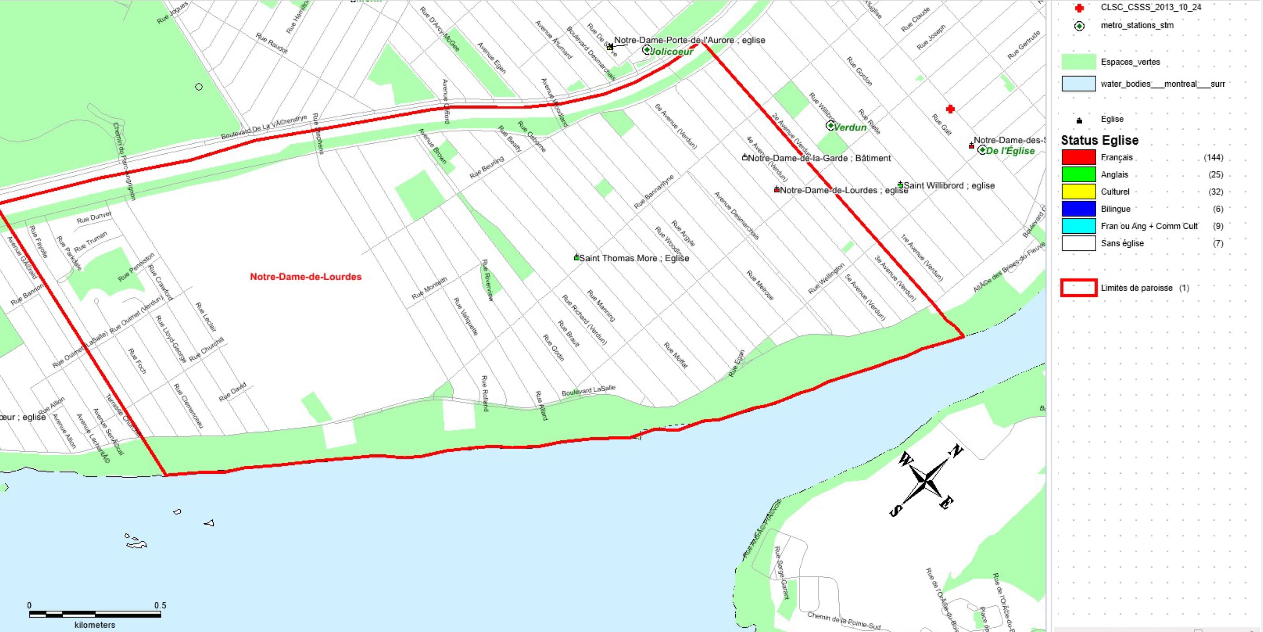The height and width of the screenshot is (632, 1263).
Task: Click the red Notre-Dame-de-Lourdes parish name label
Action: (305, 277)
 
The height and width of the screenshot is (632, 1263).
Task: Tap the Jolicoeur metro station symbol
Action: (647, 50)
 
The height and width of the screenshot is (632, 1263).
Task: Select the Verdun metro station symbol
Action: (830, 126)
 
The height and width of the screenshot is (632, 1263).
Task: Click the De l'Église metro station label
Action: (1010, 151)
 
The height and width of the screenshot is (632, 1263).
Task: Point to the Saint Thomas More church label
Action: (634, 258)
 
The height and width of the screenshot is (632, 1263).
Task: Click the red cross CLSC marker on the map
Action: (950, 109)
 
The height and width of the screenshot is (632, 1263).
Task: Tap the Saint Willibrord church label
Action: (949, 185)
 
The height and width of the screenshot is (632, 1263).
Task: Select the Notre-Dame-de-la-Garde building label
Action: (819, 158)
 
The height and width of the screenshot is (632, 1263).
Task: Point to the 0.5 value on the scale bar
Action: (160, 605)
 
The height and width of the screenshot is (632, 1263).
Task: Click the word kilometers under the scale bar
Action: (94, 625)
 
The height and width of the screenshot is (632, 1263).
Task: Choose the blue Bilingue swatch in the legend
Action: (1078, 208)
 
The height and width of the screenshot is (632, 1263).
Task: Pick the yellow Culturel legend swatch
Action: (1078, 191)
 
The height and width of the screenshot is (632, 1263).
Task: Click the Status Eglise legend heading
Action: (1099, 140)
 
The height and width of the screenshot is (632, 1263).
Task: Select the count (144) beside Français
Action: (1213, 157)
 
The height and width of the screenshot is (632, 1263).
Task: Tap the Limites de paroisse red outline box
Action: (1078, 288)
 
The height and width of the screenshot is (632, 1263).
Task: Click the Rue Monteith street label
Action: (429, 288)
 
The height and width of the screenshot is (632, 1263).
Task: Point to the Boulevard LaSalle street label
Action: (588, 390)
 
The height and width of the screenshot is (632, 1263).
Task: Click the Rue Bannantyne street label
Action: (654, 191)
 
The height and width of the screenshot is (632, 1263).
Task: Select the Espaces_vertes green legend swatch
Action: (1078, 62)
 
